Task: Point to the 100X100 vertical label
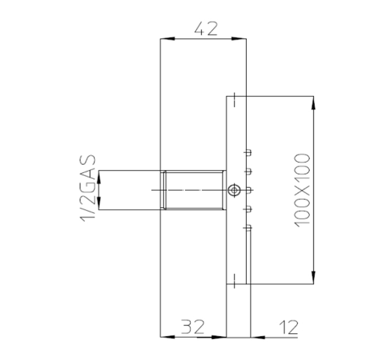click(302, 189)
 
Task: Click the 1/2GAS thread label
click(88, 189)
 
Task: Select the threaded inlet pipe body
click(193, 190)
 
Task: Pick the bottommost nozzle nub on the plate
click(249, 227)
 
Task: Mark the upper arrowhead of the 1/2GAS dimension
click(100, 176)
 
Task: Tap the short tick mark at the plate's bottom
click(235, 279)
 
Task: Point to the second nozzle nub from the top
click(249, 171)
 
